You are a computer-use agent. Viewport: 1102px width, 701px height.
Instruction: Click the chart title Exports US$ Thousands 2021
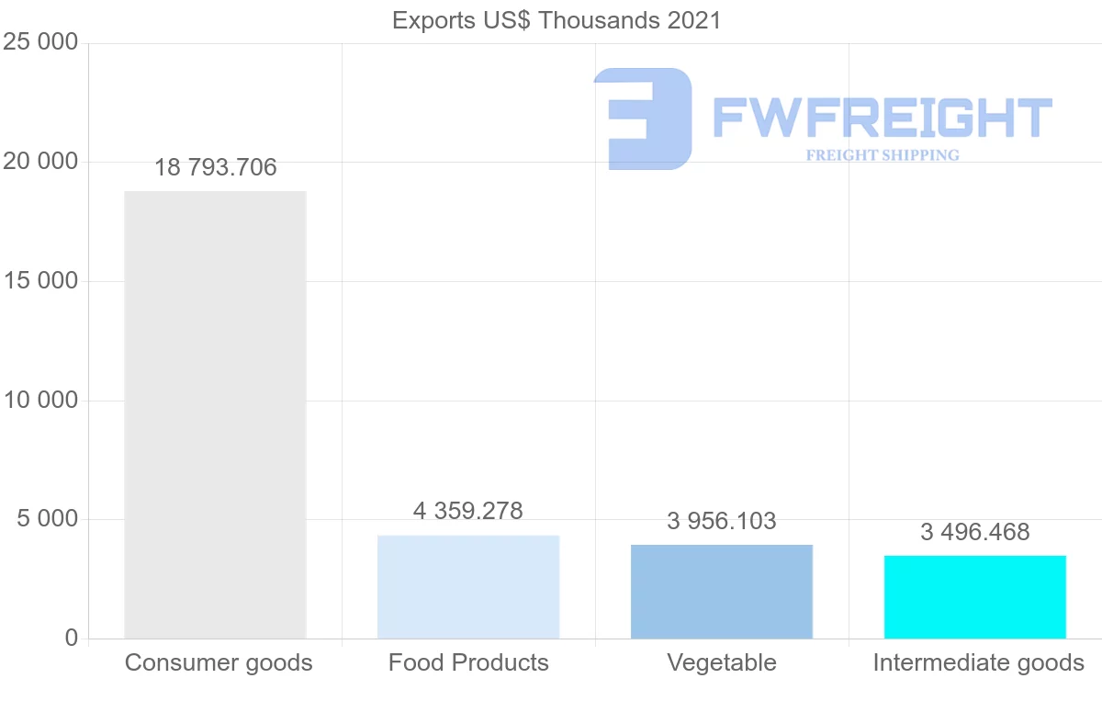click(557, 19)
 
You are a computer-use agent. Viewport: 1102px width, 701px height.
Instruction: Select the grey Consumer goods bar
click(215, 414)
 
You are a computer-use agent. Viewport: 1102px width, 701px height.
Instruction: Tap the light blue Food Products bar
click(468, 586)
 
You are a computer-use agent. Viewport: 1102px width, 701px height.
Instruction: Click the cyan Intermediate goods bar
click(975, 596)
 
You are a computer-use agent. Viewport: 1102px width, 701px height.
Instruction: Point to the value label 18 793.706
click(215, 168)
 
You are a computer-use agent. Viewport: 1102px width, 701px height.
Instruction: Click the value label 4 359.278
click(468, 512)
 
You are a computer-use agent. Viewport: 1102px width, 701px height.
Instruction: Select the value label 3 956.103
click(722, 522)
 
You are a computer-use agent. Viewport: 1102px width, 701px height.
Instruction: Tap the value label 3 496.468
click(975, 532)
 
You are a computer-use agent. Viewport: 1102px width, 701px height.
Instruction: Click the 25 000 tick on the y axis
click(40, 43)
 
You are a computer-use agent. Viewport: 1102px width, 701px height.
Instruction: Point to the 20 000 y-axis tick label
click(40, 163)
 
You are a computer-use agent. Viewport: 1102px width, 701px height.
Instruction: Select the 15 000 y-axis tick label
click(40, 281)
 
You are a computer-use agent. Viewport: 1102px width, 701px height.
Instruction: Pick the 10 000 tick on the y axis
click(40, 401)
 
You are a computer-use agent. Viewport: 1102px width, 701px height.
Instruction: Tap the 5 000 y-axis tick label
click(48, 520)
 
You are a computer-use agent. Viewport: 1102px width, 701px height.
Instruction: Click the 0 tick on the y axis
click(72, 639)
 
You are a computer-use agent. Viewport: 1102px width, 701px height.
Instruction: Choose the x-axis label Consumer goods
click(219, 662)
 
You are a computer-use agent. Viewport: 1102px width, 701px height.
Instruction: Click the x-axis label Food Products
click(468, 662)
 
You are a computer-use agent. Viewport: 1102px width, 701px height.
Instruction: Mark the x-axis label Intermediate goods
click(979, 662)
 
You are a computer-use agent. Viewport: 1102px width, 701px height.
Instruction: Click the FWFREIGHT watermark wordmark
click(882, 119)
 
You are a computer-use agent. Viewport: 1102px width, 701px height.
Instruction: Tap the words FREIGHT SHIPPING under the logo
click(883, 155)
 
